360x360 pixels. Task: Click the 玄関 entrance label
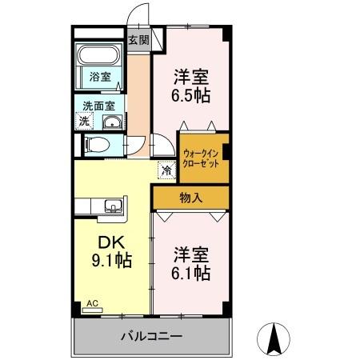138,40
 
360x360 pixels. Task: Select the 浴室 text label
99,78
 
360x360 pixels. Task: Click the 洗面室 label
97,105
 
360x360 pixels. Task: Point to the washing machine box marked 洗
84,121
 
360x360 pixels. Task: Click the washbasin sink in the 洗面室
112,122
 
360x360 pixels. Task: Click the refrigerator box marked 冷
166,170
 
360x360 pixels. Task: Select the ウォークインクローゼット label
200,157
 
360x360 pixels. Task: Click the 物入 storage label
190,198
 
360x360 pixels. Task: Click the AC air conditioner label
91,303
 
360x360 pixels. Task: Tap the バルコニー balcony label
152,337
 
